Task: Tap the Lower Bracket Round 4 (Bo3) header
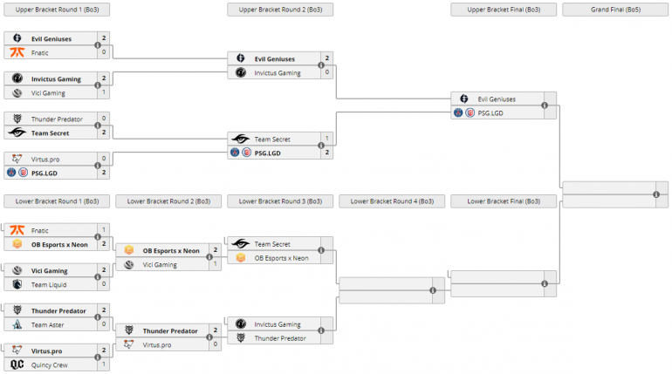click(x=392, y=201)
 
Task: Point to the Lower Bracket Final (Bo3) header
click(x=504, y=201)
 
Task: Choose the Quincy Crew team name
click(x=49, y=364)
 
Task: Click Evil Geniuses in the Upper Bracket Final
click(x=497, y=99)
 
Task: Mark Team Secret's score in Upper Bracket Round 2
click(x=327, y=139)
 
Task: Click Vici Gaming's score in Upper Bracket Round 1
click(x=104, y=92)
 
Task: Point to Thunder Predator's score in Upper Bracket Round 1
click(x=104, y=119)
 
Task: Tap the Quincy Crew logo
click(x=17, y=364)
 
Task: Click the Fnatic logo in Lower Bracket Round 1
click(x=17, y=231)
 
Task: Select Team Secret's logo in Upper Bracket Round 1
click(x=17, y=133)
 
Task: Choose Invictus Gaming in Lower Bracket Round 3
click(x=278, y=324)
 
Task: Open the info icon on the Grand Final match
click(x=656, y=195)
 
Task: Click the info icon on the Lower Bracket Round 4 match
click(x=433, y=290)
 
